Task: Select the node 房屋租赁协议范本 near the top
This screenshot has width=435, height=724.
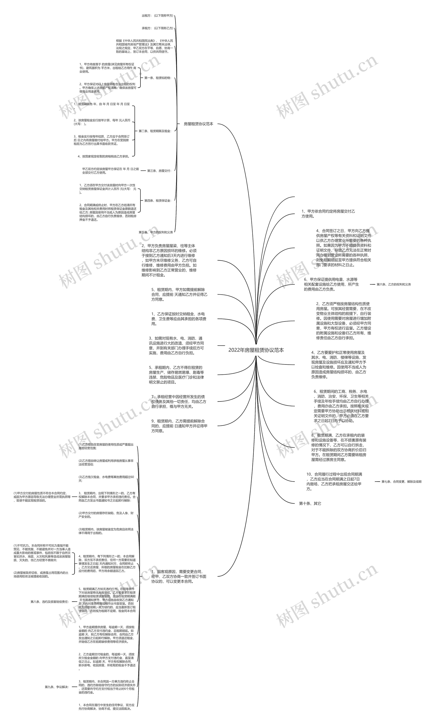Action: click(x=198, y=124)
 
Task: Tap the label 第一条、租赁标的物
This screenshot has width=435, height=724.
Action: click(x=157, y=78)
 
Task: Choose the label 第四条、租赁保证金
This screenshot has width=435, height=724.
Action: click(x=157, y=201)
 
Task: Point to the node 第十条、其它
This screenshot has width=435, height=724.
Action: click(x=310, y=503)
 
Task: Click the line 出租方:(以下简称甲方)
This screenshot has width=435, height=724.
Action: click(x=157, y=15)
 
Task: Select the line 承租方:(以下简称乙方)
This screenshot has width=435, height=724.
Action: click(x=157, y=28)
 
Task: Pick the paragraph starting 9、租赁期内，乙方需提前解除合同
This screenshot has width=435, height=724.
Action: click(x=179, y=426)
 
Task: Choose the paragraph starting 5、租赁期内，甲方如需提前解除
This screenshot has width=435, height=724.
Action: click(x=179, y=294)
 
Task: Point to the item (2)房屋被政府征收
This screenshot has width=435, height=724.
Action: click(x=41, y=574)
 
